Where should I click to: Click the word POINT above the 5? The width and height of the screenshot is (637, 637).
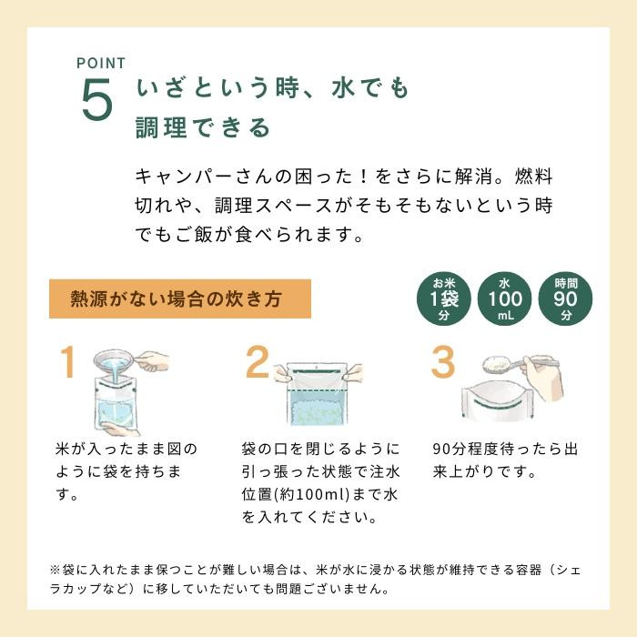click(x=100, y=64)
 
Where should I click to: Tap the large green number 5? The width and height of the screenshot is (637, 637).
click(x=97, y=101)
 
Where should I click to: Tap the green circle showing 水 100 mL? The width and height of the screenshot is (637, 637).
click(x=504, y=298)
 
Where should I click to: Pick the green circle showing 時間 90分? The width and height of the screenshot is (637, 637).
click(x=565, y=298)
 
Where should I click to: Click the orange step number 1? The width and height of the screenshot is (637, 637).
click(x=66, y=362)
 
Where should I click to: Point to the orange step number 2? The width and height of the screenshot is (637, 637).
click(x=258, y=363)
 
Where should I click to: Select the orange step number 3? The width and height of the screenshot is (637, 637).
click(x=442, y=362)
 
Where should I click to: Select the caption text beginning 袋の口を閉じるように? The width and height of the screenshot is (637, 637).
click(x=319, y=483)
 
